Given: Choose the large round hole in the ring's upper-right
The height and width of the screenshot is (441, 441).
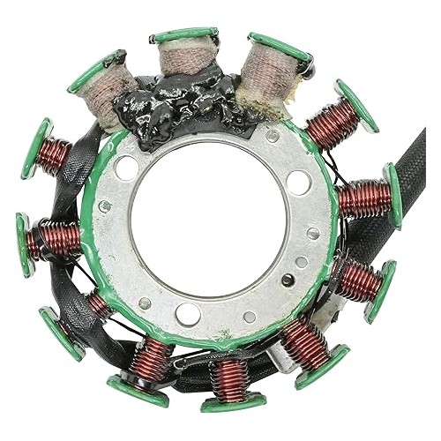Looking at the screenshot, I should (x=298, y=182).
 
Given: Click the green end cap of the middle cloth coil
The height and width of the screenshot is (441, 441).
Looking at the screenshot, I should (x=183, y=35).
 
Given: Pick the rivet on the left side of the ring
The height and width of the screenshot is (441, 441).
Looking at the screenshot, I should (x=105, y=207).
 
